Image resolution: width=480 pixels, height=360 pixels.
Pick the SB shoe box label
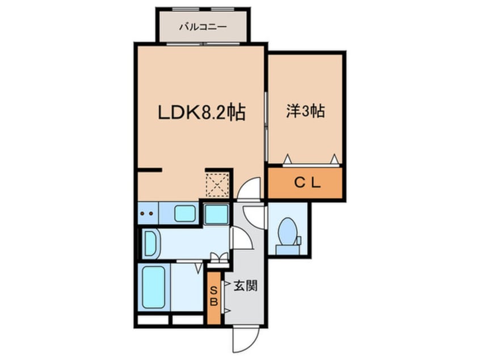coord(214,296)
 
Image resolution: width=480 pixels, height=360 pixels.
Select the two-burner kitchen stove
coord(148,215)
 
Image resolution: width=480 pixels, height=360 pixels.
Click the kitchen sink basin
coord(185,214)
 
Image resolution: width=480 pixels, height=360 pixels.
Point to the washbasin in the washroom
coord(150,242)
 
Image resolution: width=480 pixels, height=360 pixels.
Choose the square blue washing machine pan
coord(216,215)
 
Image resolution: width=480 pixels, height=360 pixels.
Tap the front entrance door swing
coord(242,339)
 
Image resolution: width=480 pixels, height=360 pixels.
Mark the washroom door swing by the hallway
coord(241,238)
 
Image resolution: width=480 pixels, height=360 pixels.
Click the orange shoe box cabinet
coord(214,298)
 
